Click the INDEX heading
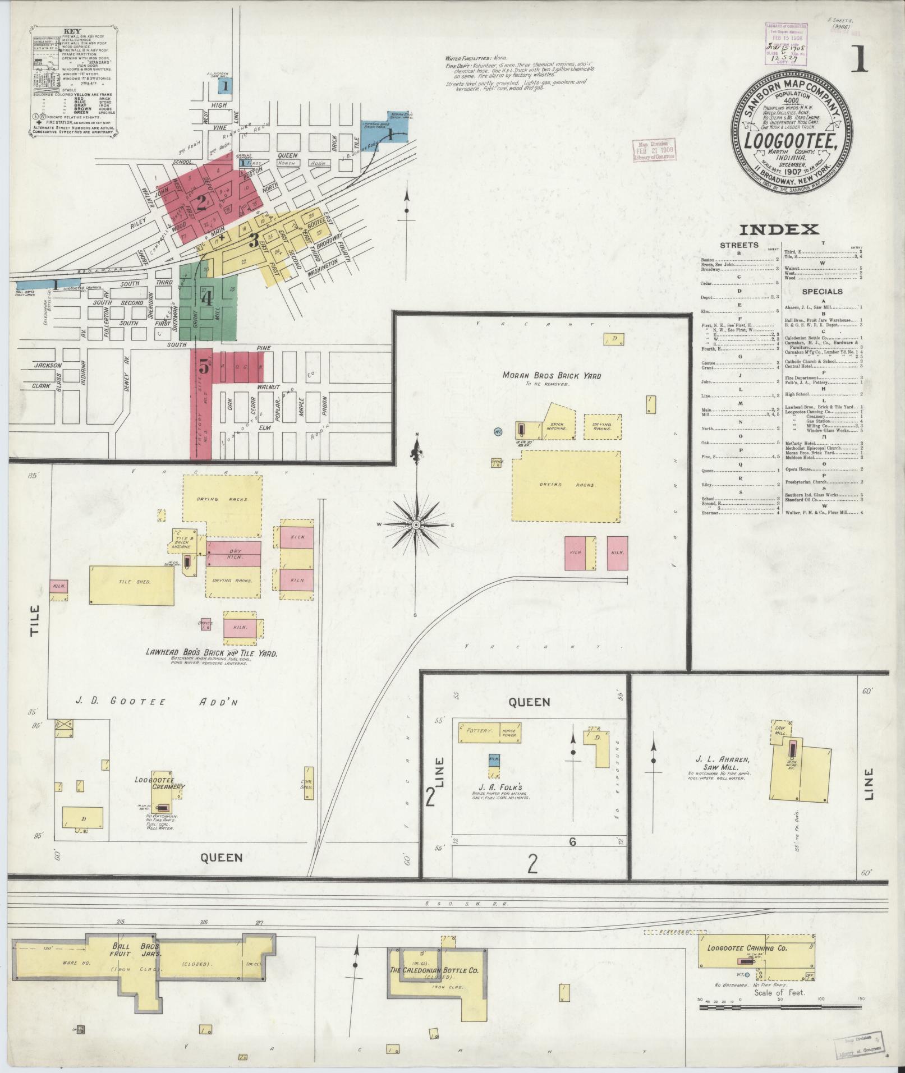pos(779,229)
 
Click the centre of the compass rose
pos(416,524)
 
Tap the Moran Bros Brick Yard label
pos(552,376)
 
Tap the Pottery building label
pos(481,731)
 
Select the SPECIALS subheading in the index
pos(822,292)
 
